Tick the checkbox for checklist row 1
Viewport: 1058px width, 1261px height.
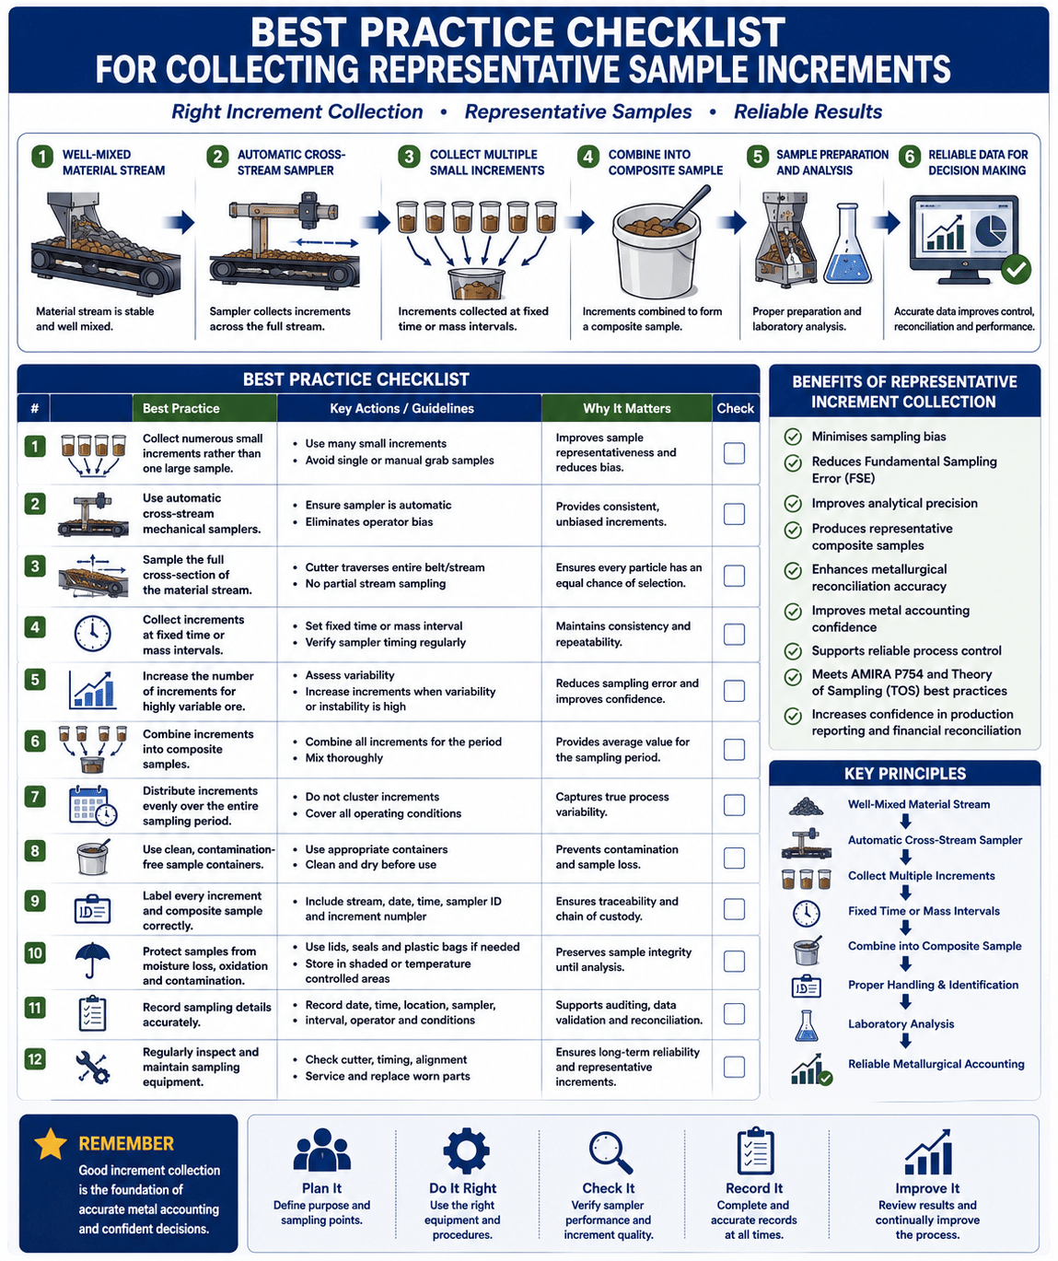point(734,453)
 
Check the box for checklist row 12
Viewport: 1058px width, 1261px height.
point(734,1067)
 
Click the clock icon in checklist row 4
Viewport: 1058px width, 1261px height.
point(92,634)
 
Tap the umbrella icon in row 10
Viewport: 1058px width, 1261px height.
point(92,959)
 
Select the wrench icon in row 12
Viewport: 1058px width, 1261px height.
point(92,1067)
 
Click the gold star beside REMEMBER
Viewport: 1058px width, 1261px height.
point(51,1143)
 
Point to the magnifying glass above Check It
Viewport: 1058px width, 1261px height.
point(610,1152)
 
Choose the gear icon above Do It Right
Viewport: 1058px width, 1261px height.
point(466,1150)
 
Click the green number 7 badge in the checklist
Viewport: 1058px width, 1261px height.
point(35,797)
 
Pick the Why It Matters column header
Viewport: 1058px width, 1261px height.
point(627,408)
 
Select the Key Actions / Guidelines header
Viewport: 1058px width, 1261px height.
point(401,408)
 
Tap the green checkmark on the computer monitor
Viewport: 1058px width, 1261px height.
point(1016,269)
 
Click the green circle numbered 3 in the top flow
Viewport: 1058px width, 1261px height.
point(409,157)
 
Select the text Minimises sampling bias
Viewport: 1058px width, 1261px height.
point(878,436)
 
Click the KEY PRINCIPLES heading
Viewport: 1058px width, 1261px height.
point(904,774)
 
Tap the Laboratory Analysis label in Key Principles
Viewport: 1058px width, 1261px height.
point(901,1023)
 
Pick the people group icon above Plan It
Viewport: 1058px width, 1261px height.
point(322,1150)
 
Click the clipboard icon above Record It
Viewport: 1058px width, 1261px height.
point(755,1150)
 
